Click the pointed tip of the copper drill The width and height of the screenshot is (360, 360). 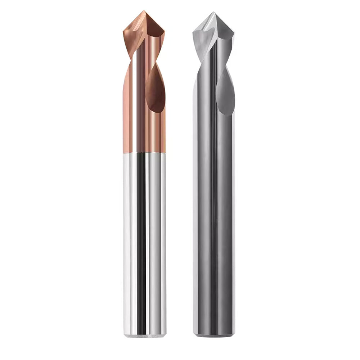(145, 11)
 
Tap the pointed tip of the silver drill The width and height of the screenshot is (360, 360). (214, 13)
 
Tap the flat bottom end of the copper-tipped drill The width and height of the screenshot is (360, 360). (145, 336)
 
